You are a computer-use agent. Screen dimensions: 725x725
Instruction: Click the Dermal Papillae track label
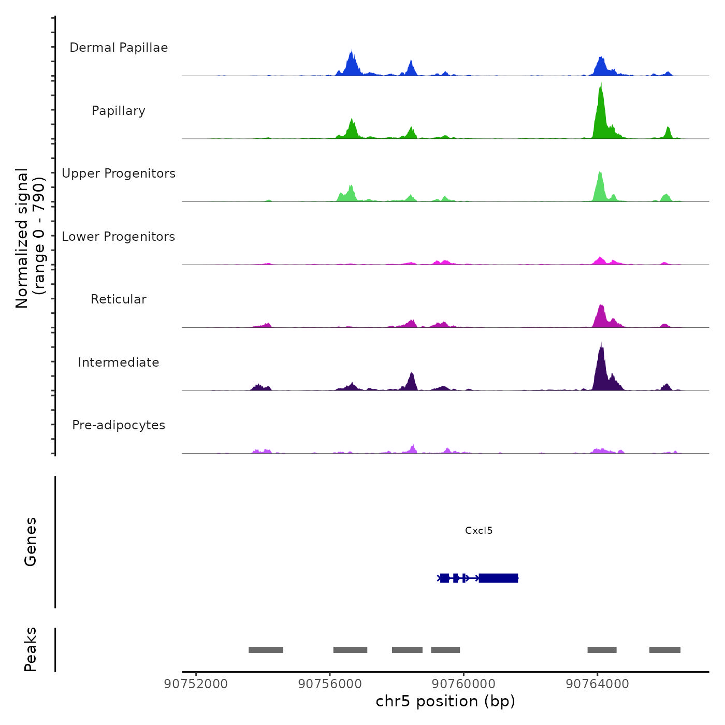coord(119,48)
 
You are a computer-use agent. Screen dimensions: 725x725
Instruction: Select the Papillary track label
coord(119,111)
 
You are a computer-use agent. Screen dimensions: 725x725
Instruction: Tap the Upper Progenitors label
coord(119,173)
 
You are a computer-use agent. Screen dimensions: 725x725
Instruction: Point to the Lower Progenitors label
coord(119,237)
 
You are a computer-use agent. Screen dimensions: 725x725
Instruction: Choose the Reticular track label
coord(119,299)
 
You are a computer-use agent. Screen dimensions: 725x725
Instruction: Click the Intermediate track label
coord(119,363)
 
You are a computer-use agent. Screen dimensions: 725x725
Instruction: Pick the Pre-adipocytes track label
coord(119,425)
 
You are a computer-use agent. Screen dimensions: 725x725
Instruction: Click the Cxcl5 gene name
coord(479,530)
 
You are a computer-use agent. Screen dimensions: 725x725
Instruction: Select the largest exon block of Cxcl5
coord(498,578)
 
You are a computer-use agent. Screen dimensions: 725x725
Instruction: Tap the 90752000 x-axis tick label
coord(196,684)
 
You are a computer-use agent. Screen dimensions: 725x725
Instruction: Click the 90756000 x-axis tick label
coord(330,684)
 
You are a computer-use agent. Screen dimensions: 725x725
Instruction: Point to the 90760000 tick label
coord(463,684)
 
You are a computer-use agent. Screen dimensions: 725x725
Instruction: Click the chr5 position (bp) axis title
coord(445,701)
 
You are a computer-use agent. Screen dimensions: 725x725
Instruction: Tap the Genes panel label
coord(31,542)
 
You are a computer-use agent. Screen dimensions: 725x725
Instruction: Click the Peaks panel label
coord(31,649)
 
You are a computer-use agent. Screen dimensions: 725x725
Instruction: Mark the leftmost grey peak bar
coord(266,650)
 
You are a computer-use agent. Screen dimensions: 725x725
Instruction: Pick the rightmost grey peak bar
coord(664,650)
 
